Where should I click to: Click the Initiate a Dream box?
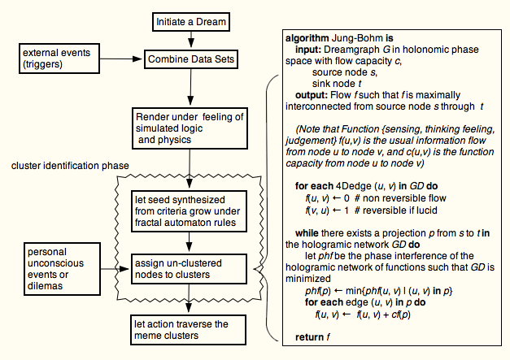click(x=191, y=22)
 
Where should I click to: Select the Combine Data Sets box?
click(x=191, y=59)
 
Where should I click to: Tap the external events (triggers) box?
click(x=59, y=59)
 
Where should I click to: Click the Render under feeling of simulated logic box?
click(x=190, y=128)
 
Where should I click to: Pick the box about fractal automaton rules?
click(x=189, y=211)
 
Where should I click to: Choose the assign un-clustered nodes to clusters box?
click(x=189, y=269)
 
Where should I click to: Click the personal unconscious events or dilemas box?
click(x=62, y=269)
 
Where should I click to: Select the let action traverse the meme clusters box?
click(x=189, y=330)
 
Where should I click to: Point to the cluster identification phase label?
click(x=70, y=166)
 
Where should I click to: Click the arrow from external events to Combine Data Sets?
click(x=121, y=59)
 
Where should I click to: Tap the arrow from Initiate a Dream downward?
click(x=191, y=39)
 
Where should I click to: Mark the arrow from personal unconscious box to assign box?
click(x=115, y=269)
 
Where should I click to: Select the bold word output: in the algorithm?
click(x=312, y=95)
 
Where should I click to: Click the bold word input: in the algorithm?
click(x=308, y=50)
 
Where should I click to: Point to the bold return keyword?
click(x=309, y=337)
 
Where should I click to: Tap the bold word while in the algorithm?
click(x=307, y=233)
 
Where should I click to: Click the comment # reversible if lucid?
click(x=396, y=210)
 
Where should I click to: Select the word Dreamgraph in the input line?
click(x=351, y=50)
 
